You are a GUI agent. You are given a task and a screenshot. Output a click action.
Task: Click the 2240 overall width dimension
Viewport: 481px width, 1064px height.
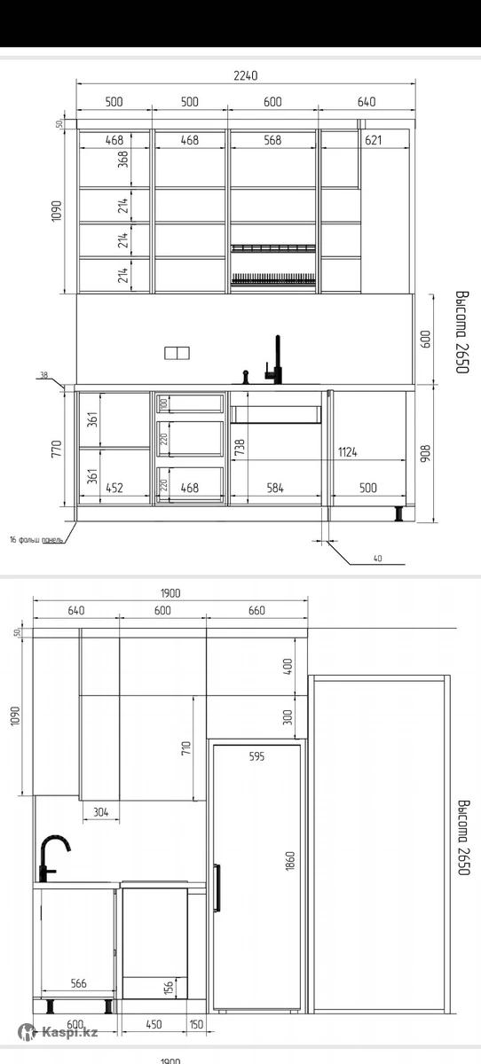click(245, 75)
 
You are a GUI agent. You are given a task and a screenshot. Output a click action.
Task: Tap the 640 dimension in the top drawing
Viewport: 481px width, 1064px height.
click(367, 102)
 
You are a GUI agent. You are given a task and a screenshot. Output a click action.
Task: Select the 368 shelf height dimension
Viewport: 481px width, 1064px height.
click(123, 159)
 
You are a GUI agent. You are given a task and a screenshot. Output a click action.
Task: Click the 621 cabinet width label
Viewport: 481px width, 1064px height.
click(373, 140)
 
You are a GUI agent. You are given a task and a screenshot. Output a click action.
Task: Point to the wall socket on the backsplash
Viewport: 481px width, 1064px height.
click(177, 353)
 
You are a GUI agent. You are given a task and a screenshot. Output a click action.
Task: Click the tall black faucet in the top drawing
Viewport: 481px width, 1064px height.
click(275, 360)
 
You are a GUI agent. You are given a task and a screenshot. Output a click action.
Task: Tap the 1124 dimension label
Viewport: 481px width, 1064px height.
click(348, 451)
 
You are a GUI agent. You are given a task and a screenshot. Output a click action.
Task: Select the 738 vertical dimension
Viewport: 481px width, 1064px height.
click(240, 448)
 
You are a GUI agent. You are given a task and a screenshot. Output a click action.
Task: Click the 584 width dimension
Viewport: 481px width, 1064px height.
click(275, 488)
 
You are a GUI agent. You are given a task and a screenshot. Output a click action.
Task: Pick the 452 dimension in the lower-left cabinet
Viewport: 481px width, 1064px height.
click(114, 488)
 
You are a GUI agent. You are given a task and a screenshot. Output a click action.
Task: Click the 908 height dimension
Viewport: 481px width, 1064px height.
click(425, 453)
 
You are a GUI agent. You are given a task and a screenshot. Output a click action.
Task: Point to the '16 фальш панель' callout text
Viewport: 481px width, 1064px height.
click(36, 540)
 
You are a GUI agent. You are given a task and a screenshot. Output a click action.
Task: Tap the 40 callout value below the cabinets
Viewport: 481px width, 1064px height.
click(377, 559)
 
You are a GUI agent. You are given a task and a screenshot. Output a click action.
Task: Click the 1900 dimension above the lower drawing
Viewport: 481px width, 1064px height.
click(170, 593)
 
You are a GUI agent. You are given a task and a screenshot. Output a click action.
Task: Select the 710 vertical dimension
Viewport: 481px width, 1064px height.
click(185, 748)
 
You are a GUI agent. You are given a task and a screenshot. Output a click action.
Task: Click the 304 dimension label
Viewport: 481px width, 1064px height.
click(101, 812)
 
